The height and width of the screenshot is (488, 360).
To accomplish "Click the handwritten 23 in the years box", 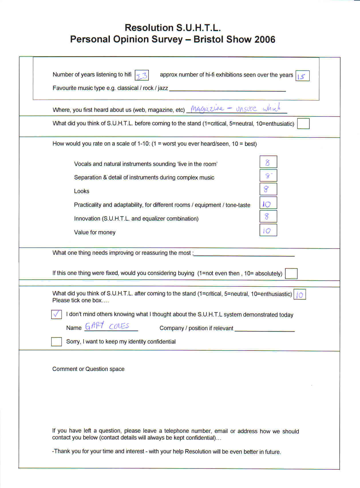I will (142, 76).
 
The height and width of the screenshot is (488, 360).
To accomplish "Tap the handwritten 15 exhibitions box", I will (302, 76).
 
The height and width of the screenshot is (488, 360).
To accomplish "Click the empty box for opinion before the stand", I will (303, 124).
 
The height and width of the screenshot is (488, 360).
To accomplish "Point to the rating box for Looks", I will (268, 189).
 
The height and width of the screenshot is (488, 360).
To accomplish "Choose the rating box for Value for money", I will (268, 230).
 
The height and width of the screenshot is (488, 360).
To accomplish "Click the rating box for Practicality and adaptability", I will (268, 203).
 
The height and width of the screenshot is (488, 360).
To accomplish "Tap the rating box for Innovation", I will (268, 216).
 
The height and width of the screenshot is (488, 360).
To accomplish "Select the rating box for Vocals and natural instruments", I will (268, 162).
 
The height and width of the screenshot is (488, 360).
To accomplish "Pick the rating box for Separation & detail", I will (268, 176).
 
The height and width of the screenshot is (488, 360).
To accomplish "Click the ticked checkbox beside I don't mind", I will (56, 314).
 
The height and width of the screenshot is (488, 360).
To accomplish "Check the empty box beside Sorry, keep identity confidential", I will (56, 341).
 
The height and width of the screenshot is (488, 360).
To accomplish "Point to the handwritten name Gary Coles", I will (107, 326).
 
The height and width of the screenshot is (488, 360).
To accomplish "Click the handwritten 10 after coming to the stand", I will (300, 294).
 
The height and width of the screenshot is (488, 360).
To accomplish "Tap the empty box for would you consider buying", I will (291, 273).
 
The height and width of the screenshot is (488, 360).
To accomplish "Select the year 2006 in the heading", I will (265, 39).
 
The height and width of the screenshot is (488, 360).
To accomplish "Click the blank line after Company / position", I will (264, 329).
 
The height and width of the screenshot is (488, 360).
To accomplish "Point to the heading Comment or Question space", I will (88, 369).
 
